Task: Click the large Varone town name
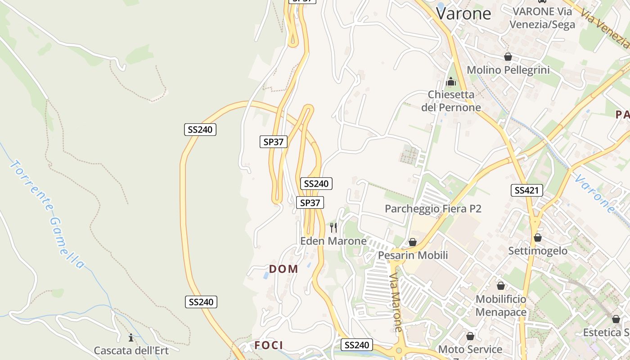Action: click(x=463, y=13)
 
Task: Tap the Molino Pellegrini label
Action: click(x=508, y=70)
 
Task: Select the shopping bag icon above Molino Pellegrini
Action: click(x=508, y=57)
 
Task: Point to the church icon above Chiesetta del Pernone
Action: click(x=451, y=82)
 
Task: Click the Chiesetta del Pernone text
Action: click(x=451, y=101)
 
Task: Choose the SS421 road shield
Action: click(x=527, y=190)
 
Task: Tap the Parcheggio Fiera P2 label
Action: click(x=433, y=209)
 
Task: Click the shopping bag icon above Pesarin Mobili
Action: click(x=413, y=242)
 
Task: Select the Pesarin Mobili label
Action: click(x=413, y=256)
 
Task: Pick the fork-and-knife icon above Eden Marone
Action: click(x=333, y=228)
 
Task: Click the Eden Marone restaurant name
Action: click(x=333, y=241)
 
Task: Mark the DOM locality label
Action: click(x=283, y=269)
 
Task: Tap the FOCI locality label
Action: click(x=269, y=345)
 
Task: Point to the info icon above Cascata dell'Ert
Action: click(x=131, y=337)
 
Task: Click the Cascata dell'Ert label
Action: click(x=131, y=351)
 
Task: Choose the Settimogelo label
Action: click(x=538, y=251)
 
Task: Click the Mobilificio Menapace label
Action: click(x=501, y=306)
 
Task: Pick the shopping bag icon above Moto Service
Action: click(x=470, y=336)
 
